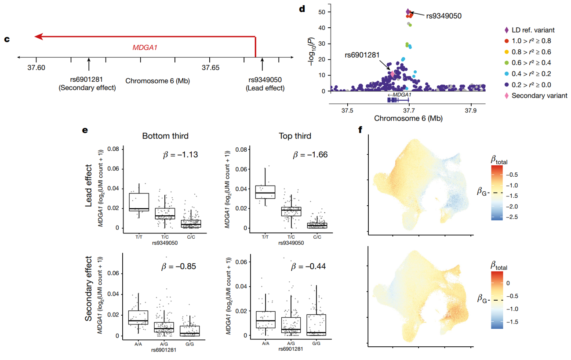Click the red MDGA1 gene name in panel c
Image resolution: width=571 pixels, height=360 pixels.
145,47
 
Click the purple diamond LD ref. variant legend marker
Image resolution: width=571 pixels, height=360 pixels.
507,30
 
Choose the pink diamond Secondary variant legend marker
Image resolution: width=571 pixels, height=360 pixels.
507,95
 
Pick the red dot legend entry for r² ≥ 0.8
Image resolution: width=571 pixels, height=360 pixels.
507,41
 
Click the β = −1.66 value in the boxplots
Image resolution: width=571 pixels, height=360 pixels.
310,155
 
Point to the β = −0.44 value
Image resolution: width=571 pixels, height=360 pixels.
310,266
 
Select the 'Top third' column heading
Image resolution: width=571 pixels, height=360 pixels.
295,136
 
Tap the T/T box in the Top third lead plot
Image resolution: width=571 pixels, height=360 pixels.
265,192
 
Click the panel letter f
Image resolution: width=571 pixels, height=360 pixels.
361,130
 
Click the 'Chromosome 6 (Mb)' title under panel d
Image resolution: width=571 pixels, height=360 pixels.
408,119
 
